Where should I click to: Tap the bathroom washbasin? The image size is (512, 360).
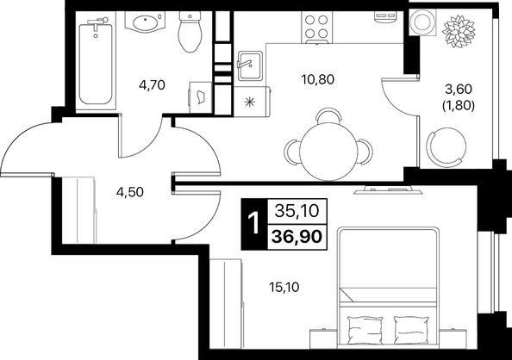click(x=146, y=22)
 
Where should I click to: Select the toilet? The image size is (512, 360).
click(x=190, y=32)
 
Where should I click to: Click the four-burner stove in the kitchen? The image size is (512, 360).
click(x=316, y=28)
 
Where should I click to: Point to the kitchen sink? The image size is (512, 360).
click(x=249, y=65)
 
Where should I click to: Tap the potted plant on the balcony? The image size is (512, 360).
click(x=458, y=32)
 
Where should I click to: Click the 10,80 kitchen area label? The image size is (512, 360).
click(x=318, y=79)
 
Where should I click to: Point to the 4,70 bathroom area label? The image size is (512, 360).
click(x=152, y=85)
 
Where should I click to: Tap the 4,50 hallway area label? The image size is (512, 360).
click(x=129, y=192)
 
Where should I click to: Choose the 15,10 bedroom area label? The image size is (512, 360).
click(x=284, y=288)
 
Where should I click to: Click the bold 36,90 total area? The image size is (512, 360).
click(x=297, y=236)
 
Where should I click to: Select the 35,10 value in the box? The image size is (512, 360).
click(x=297, y=211)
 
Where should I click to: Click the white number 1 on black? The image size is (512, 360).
click(x=253, y=224)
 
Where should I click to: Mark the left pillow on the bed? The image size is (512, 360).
click(x=365, y=329)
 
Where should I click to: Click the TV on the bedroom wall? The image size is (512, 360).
click(x=388, y=190)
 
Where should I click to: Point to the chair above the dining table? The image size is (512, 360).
click(x=328, y=116)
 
